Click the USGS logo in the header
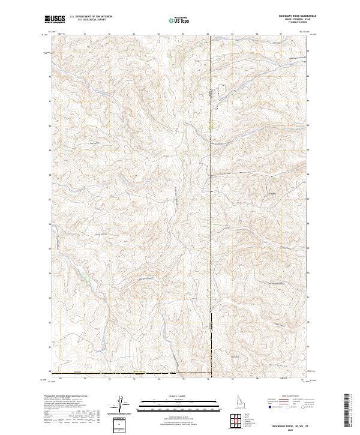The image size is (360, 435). tap(55, 20)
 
